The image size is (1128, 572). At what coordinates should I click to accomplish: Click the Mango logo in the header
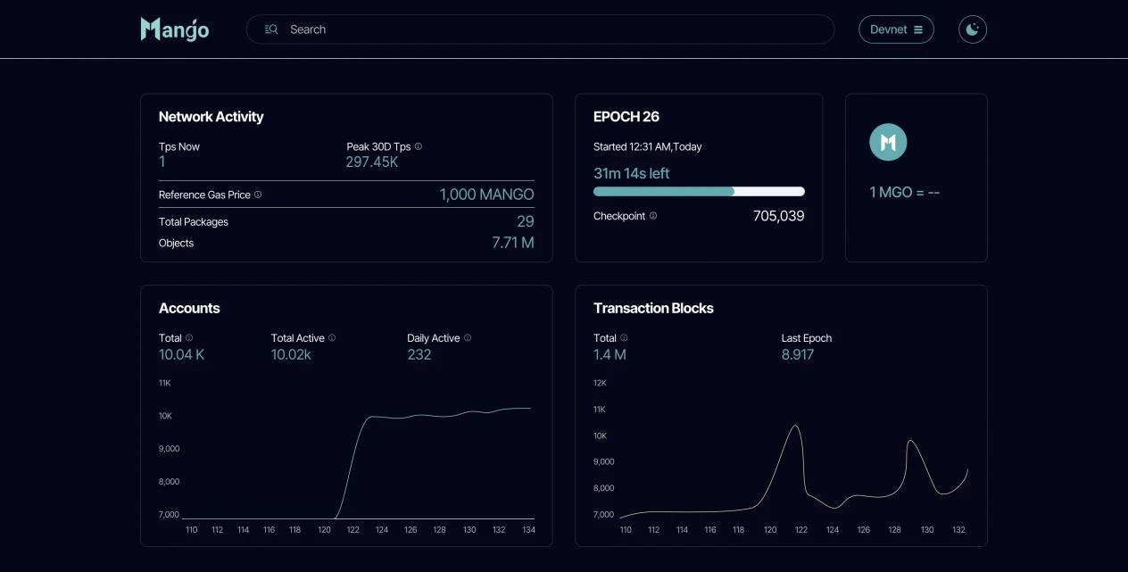pyautogui.click(x=175, y=29)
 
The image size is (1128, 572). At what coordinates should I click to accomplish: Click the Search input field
pyautogui.click(x=540, y=29)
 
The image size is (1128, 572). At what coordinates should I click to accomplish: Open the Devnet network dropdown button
pyautogui.click(x=896, y=29)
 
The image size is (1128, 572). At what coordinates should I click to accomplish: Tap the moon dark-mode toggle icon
pyautogui.click(x=973, y=29)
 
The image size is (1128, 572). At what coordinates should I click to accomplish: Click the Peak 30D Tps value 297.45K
pyautogui.click(x=372, y=162)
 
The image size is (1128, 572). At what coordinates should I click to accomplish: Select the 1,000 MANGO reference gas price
pyautogui.click(x=486, y=195)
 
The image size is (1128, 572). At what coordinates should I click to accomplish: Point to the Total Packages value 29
pyautogui.click(x=525, y=221)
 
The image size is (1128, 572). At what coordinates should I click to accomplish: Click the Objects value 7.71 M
pyautogui.click(x=512, y=243)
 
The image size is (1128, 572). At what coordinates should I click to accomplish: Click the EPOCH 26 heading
pyautogui.click(x=626, y=117)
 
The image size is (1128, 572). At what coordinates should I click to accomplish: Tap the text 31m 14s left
pyautogui.click(x=631, y=173)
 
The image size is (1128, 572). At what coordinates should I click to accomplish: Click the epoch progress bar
pyautogui.click(x=699, y=191)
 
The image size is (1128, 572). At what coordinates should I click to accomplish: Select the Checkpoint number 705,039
pyautogui.click(x=778, y=216)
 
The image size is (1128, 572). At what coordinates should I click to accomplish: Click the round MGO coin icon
pyautogui.click(x=888, y=143)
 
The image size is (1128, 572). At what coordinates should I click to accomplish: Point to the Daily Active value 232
pyautogui.click(x=419, y=354)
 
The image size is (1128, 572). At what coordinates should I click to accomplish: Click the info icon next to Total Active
pyautogui.click(x=332, y=338)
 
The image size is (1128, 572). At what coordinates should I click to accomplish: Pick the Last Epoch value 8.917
pyautogui.click(x=797, y=354)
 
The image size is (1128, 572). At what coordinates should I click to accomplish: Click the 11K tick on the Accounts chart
pyautogui.click(x=164, y=383)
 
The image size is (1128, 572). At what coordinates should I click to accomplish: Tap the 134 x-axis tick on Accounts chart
pyautogui.click(x=528, y=530)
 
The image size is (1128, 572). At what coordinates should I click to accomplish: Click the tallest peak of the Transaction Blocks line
pyautogui.click(x=794, y=426)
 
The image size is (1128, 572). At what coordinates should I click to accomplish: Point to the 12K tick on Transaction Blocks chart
pyautogui.click(x=600, y=383)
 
